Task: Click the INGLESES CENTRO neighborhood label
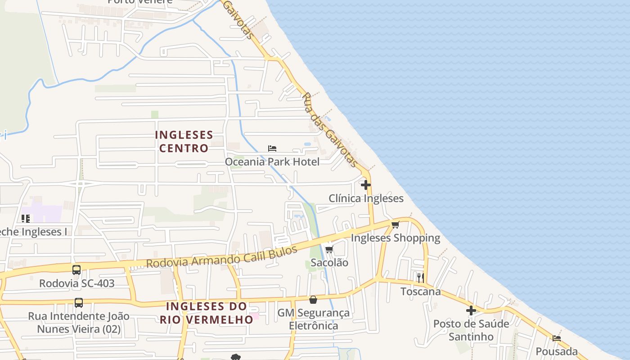[184, 141]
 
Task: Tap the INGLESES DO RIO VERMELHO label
[207, 313]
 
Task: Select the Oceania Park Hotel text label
[272, 162]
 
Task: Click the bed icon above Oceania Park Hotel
[272, 148]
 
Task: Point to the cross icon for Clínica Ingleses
[365, 185]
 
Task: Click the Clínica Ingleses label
[366, 198]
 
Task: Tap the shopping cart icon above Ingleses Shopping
[395, 225]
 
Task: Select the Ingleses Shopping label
[395, 238]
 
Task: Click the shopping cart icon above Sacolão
[329, 249]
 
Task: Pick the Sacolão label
[329, 262]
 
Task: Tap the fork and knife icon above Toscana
[420, 278]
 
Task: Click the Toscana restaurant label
[420, 292]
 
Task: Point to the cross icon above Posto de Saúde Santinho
[471, 310]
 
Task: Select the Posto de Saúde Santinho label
[471, 330]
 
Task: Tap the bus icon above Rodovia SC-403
[76, 270]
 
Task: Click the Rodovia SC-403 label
[76, 283]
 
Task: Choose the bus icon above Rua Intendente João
[79, 303]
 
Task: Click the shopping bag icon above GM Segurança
[313, 300]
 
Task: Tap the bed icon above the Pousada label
[557, 338]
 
